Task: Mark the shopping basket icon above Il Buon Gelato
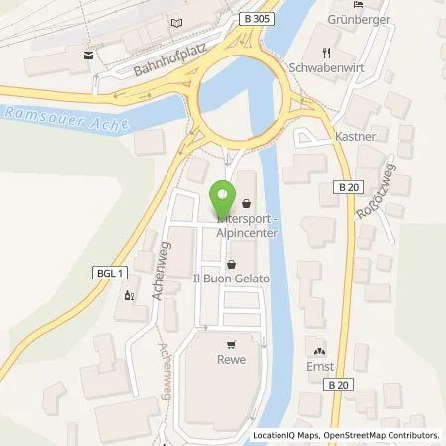pyautogui.click(x=231, y=265)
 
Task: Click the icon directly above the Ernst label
pyautogui.click(x=318, y=350)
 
